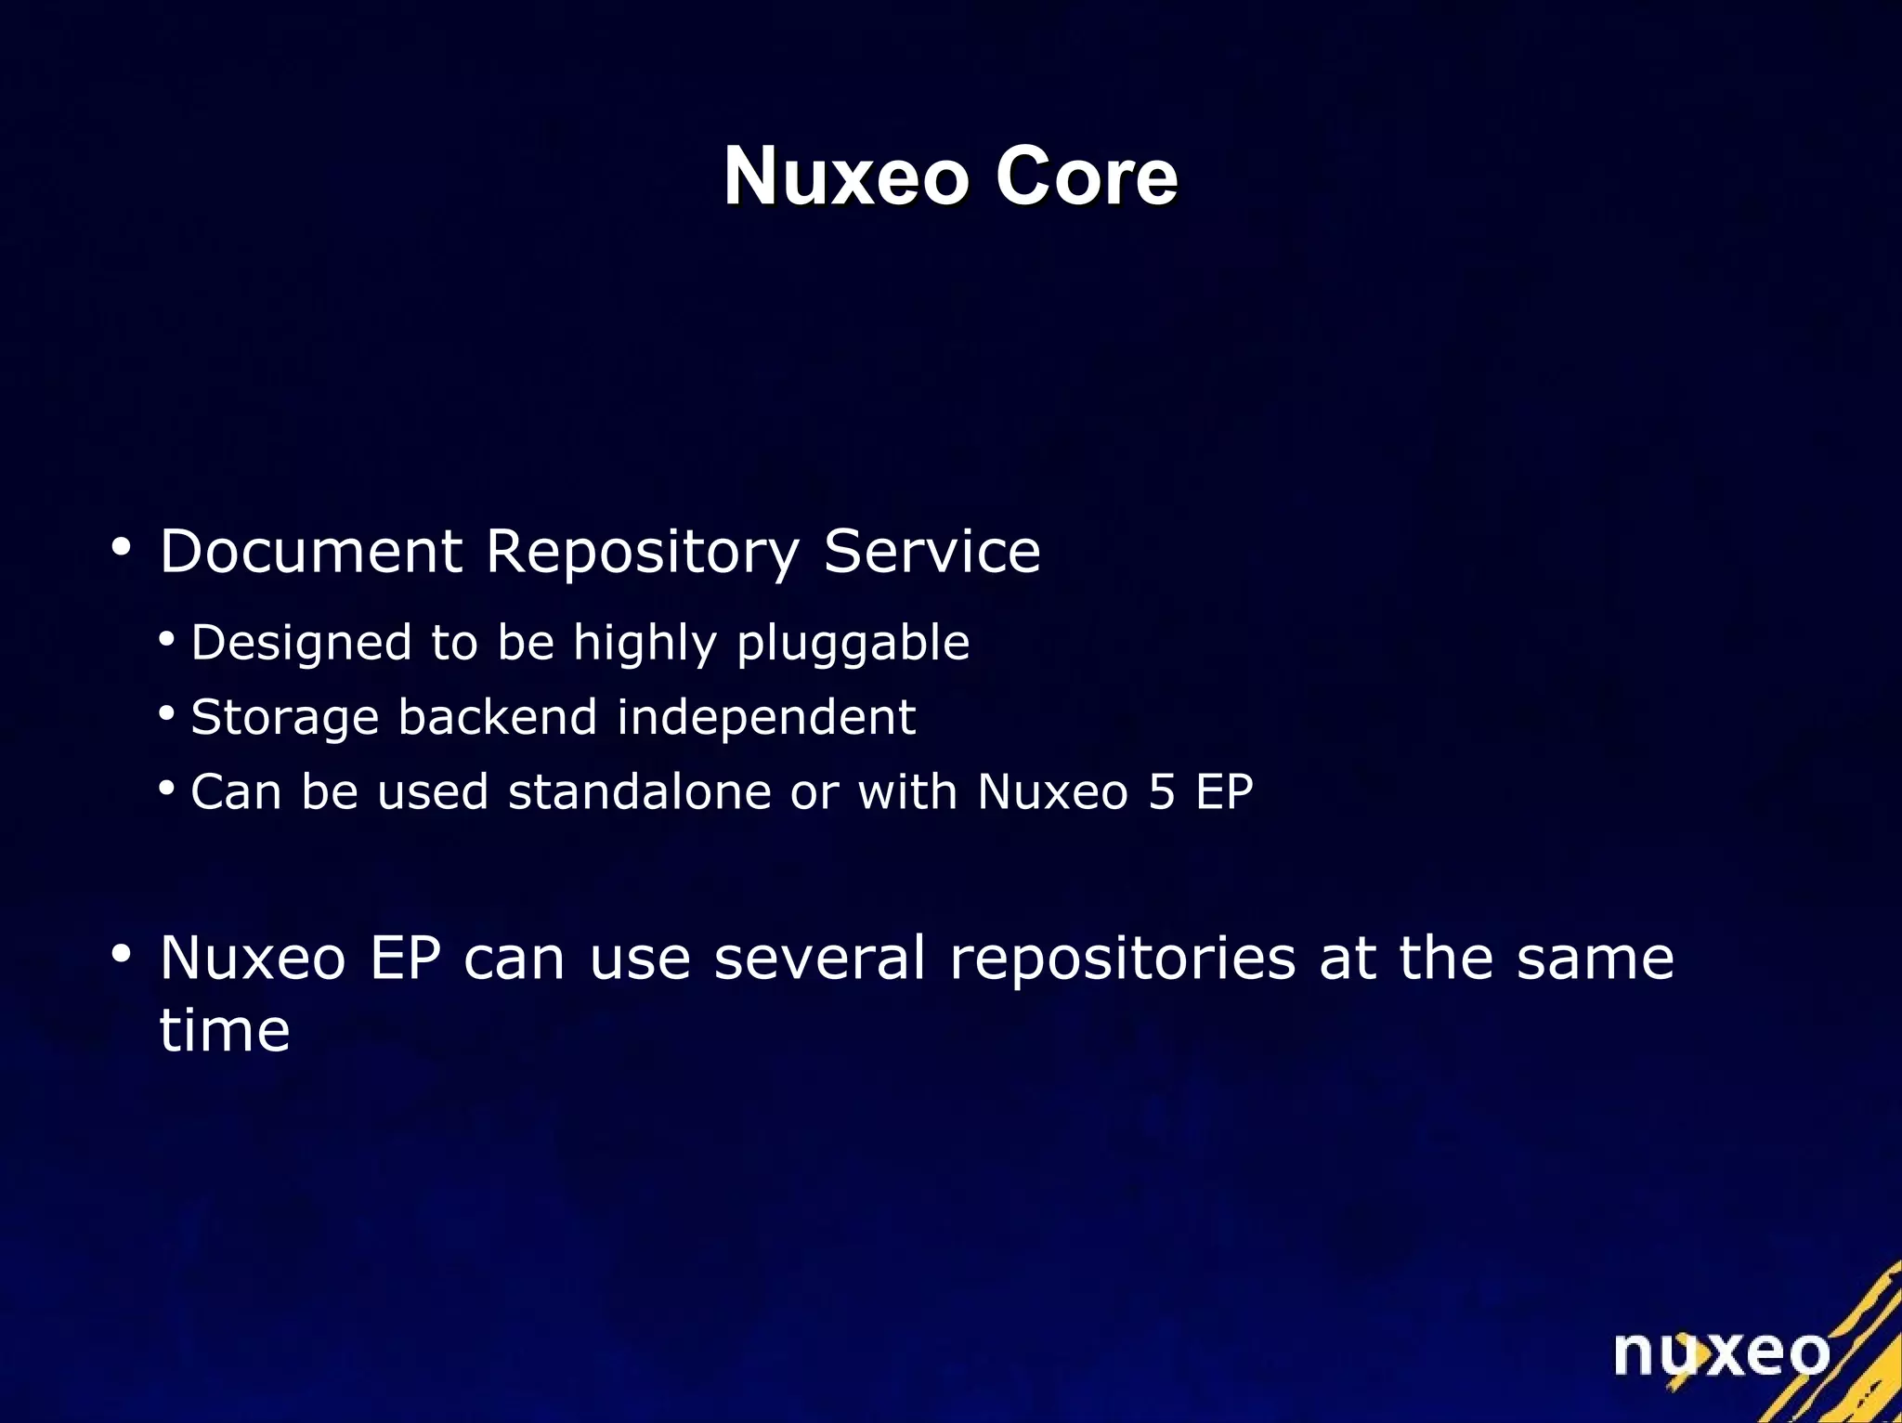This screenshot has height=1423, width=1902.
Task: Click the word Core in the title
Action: (x=1086, y=176)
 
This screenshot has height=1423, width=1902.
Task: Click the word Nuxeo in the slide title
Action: (x=846, y=176)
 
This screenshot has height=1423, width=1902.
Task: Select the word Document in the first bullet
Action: (x=310, y=551)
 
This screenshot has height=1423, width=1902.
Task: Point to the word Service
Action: (x=931, y=551)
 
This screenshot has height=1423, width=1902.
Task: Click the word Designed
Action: (x=301, y=644)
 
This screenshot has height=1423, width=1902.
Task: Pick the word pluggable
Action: (x=853, y=644)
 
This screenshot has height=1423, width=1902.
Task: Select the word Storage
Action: (x=284, y=718)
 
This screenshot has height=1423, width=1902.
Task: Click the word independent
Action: (x=766, y=717)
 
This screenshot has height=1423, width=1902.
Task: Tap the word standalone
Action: (x=640, y=791)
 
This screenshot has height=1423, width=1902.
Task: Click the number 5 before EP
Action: (x=1162, y=791)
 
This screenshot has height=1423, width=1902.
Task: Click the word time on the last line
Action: (x=224, y=1030)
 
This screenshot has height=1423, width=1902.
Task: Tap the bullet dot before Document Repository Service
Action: (x=120, y=547)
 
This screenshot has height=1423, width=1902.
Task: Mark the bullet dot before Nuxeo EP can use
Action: (x=120, y=954)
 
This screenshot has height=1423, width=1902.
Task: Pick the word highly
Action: (x=645, y=644)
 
